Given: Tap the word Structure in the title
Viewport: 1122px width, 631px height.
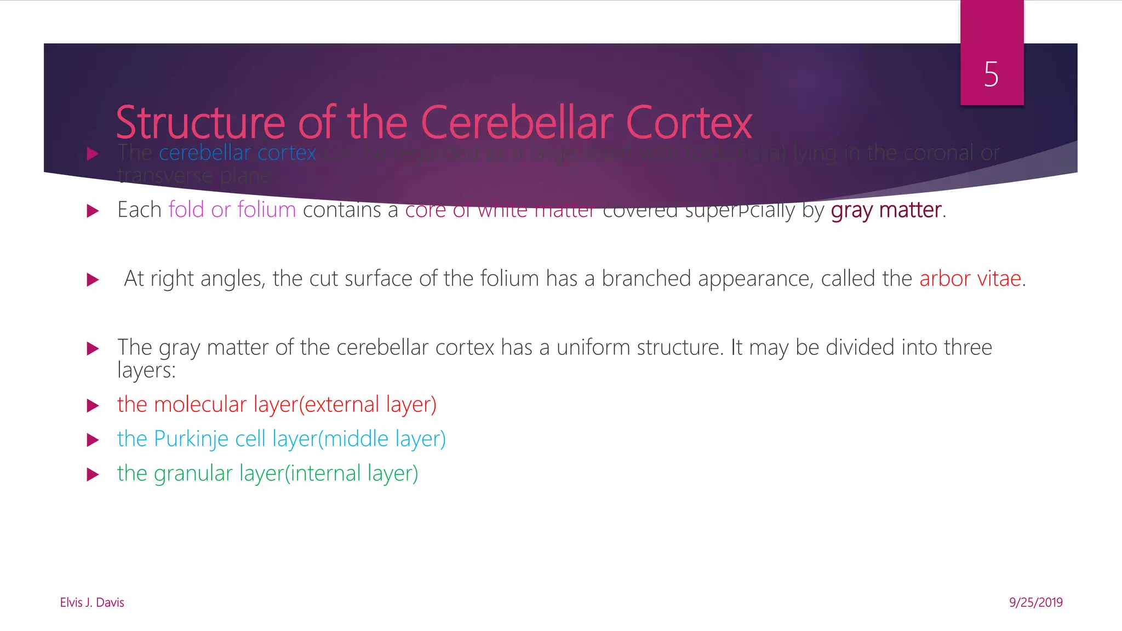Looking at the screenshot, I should point(200,123).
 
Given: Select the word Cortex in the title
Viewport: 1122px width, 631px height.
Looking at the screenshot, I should point(689,123).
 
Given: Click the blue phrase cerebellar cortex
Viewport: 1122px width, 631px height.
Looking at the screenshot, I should point(237,153).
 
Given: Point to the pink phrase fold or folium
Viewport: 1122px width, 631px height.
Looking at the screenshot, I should point(232,210).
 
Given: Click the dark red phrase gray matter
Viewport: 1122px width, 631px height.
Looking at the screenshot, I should point(886,210).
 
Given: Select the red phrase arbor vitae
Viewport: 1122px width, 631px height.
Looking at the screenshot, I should point(970,279).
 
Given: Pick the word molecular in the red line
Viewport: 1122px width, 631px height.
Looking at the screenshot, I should point(200,405).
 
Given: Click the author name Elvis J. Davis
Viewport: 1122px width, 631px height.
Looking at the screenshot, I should point(92,603).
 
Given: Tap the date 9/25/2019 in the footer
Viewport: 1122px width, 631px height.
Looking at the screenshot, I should point(1035,603).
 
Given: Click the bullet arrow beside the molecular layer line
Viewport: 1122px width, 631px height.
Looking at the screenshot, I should point(93,406).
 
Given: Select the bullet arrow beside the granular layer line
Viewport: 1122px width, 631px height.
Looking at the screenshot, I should point(93,474).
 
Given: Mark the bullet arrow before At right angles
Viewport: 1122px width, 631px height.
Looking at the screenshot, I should point(93,280).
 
